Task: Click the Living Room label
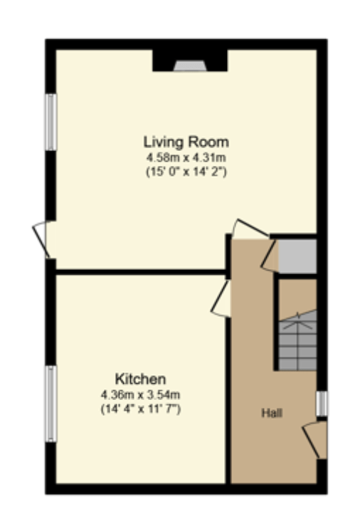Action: (x=186, y=142)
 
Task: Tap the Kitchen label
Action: (x=140, y=379)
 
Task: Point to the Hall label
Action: (x=272, y=413)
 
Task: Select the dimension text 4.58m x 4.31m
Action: (x=186, y=157)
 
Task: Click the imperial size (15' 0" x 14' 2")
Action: (x=186, y=172)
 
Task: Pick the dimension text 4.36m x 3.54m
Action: (x=141, y=394)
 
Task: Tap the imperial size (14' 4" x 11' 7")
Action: (x=141, y=409)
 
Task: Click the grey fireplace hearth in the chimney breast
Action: (x=190, y=65)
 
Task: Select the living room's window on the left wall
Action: (x=51, y=122)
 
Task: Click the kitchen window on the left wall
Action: (x=51, y=404)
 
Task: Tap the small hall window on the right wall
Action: (x=322, y=404)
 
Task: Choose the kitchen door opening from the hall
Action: (x=221, y=298)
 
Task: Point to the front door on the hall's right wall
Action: (x=314, y=440)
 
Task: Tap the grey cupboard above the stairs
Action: (x=297, y=256)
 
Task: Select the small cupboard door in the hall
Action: (x=270, y=255)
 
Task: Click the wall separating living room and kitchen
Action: (x=140, y=272)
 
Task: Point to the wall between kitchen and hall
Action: (x=228, y=400)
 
